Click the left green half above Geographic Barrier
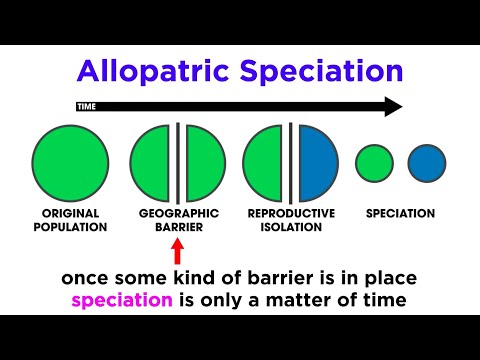point(153,161)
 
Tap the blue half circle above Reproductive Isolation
point(318,161)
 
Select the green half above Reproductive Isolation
point(265,161)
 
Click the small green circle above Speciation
point(374,163)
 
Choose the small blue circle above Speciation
point(426,163)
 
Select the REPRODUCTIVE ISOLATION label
point(291,220)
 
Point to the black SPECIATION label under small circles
point(400,213)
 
